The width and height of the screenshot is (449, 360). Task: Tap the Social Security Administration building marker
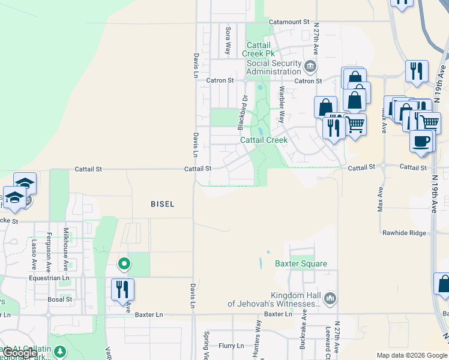point(310,65)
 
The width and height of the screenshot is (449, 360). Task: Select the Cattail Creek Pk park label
point(258,49)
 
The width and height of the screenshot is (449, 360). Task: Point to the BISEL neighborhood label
point(162,205)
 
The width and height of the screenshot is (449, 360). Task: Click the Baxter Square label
point(301,264)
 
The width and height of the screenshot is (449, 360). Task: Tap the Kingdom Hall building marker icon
point(330,298)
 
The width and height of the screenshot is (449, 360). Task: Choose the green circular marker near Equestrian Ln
point(124,263)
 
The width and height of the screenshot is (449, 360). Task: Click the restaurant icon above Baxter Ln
point(122,289)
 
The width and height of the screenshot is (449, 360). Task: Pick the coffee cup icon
point(421,141)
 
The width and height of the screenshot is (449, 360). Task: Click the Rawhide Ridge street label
point(404,233)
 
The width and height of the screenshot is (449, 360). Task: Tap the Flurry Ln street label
point(231,346)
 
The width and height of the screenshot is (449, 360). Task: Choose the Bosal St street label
point(60,299)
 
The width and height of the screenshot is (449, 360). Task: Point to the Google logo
point(20,353)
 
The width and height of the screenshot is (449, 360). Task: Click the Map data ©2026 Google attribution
point(411,355)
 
